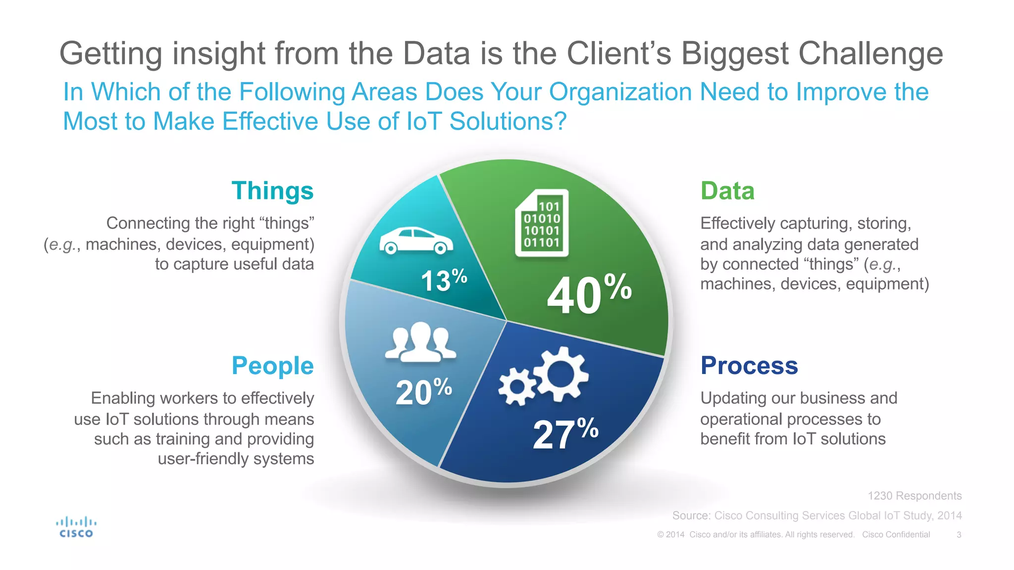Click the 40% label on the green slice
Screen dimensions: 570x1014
tap(589, 295)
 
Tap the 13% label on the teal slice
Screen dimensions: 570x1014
tap(444, 280)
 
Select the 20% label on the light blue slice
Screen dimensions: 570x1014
tap(423, 392)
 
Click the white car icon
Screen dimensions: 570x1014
tap(416, 240)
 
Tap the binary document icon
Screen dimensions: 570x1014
tap(542, 223)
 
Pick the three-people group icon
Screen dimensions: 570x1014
tap(420, 342)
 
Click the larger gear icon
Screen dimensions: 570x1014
tap(561, 374)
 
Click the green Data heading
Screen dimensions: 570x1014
tap(727, 191)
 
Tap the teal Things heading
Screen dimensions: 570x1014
tap(272, 191)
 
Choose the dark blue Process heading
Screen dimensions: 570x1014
tap(749, 366)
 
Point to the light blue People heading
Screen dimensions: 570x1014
tap(272, 366)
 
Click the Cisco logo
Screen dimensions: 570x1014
tap(76, 527)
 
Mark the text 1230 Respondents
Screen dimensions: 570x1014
tap(914, 496)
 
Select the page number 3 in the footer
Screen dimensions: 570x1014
tap(959, 535)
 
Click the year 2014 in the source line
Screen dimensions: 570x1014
tap(949, 516)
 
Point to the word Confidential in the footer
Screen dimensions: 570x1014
tap(908, 535)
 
